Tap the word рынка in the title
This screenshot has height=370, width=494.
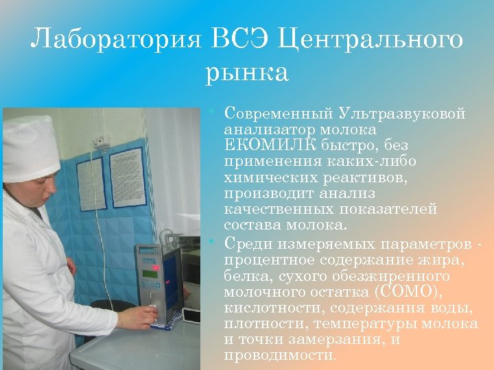click(247, 71)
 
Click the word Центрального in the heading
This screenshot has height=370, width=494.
click(371, 40)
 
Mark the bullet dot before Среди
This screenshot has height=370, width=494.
click(215, 243)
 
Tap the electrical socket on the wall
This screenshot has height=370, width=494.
click(101, 141)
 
